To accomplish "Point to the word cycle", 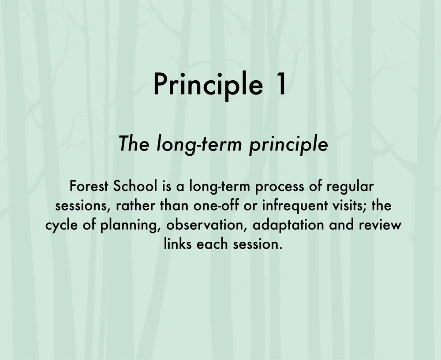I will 62,225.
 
